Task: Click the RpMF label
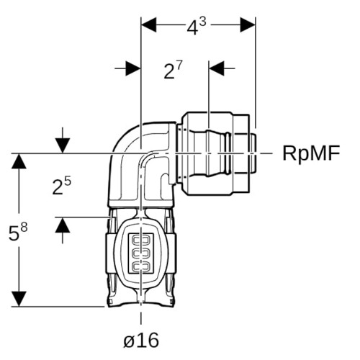[311, 153]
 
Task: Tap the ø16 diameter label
[141, 340]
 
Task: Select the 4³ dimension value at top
[197, 27]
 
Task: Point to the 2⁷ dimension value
[173, 71]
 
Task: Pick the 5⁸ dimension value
[18, 231]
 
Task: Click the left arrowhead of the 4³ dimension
[149, 24]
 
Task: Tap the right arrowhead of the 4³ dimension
[248, 24]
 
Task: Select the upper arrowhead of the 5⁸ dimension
[19, 161]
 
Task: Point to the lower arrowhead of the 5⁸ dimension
[19, 299]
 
